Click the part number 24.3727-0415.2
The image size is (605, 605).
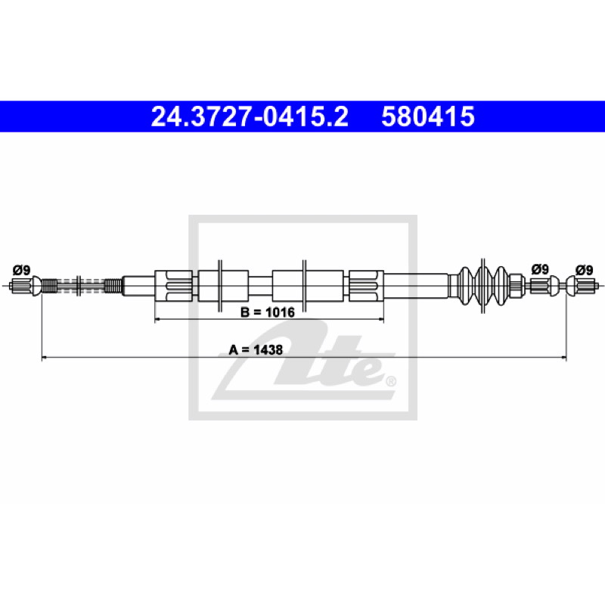[x=250, y=116]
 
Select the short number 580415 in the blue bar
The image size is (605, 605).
[x=428, y=116]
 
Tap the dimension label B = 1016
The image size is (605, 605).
[x=268, y=312]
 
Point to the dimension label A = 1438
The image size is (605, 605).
[x=256, y=350]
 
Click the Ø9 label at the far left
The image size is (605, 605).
[x=21, y=270]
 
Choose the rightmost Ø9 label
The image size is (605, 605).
[x=584, y=270]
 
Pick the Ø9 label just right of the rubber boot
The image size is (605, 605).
[x=540, y=269]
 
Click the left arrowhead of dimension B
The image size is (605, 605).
[x=157, y=319]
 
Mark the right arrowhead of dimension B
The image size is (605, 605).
[x=381, y=319]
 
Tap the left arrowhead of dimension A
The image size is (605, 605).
[x=44, y=358]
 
